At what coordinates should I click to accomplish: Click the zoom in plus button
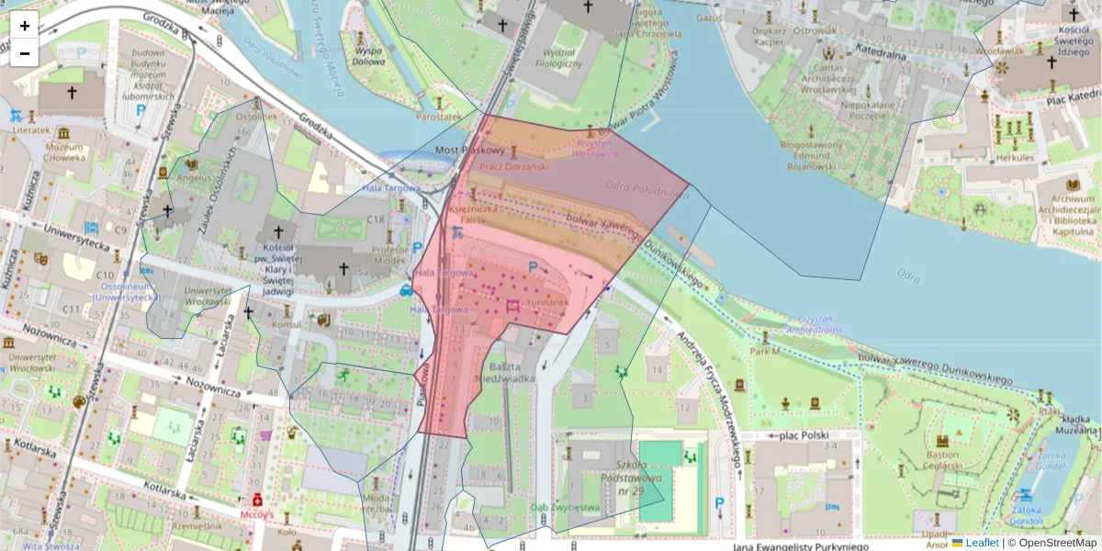[25, 26]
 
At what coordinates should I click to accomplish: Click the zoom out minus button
[25, 53]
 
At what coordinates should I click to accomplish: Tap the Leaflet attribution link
[982, 543]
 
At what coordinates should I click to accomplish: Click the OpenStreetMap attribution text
[1056, 543]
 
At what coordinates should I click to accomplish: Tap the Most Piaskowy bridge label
[470, 150]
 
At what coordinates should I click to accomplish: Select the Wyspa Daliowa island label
[368, 57]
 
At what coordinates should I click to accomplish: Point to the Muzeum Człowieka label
[64, 152]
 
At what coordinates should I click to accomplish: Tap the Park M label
[764, 351]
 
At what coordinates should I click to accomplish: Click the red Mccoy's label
[257, 515]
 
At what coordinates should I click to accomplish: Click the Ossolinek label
[256, 116]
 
